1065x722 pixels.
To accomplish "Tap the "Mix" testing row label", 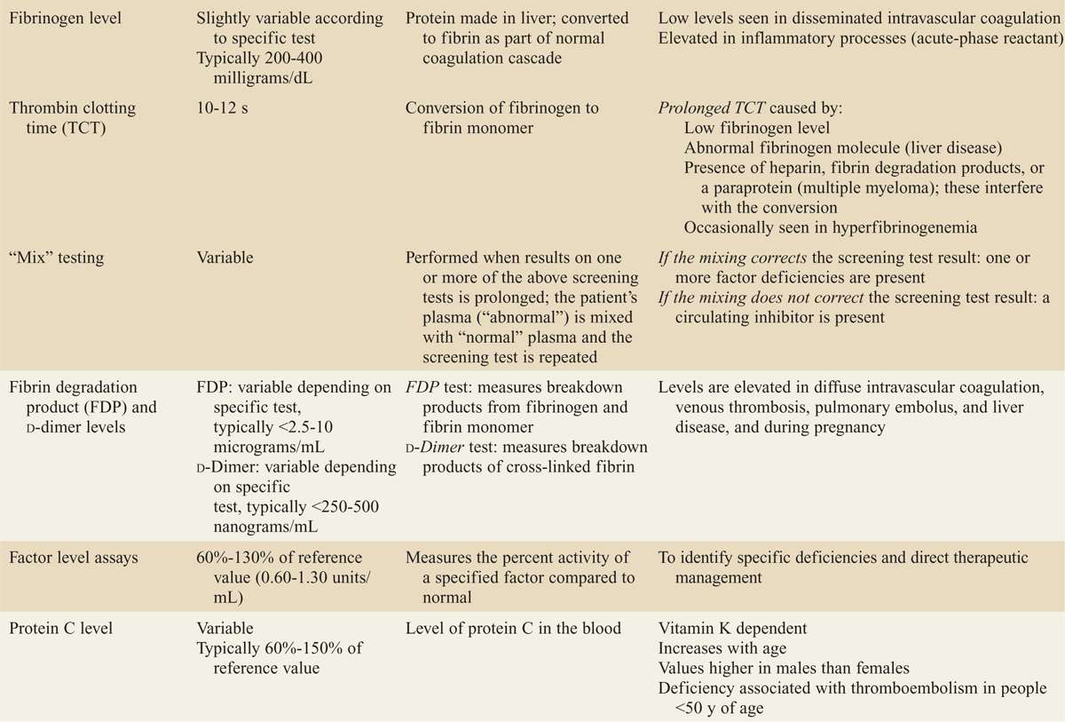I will (56, 258).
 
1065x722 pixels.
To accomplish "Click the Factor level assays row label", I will (79, 558).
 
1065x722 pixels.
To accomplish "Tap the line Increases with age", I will (723, 648).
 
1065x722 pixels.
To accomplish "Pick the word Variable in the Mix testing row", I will (225, 258).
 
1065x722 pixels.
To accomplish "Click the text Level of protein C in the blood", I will (513, 629).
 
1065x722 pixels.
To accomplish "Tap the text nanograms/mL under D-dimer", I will (261, 525).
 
